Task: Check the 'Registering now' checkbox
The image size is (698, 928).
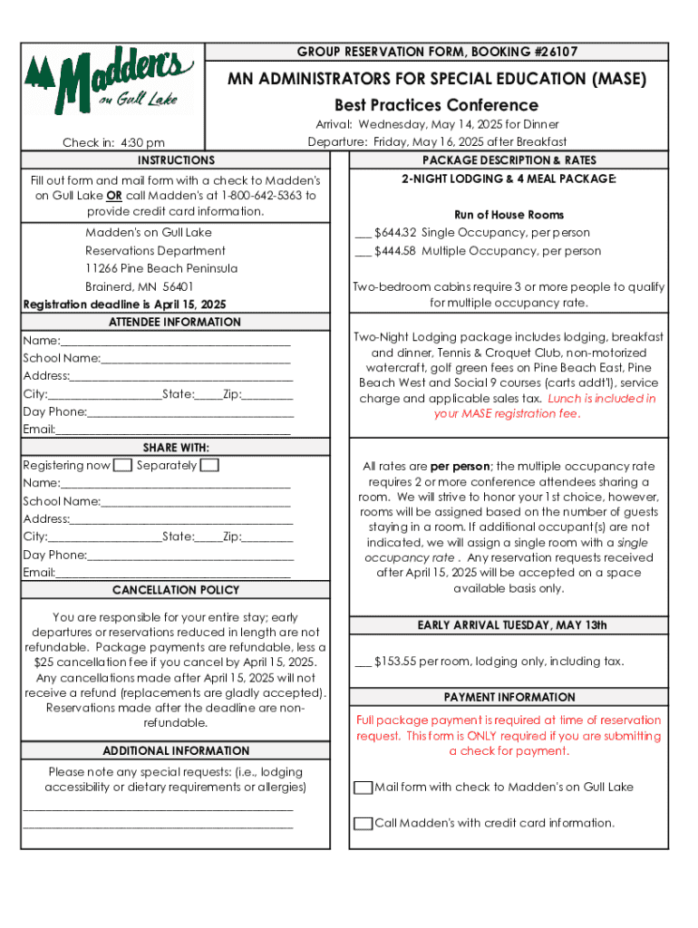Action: [122, 466]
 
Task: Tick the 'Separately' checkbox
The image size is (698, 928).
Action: [208, 466]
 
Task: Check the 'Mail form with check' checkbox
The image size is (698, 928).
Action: [363, 788]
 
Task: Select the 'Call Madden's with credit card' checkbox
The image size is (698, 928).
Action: [363, 824]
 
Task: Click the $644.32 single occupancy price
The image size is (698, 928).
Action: [395, 233]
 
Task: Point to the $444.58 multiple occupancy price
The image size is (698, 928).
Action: [395, 251]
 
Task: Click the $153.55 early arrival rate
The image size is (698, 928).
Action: [394, 662]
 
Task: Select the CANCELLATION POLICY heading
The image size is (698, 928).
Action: [176, 590]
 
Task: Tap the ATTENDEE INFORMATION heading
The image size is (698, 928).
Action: [175, 322]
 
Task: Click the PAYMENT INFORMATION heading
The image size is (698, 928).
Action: [509, 697]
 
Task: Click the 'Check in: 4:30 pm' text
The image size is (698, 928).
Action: [113, 142]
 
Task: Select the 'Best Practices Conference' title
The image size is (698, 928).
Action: [436, 105]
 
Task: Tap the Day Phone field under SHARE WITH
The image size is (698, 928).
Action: [190, 556]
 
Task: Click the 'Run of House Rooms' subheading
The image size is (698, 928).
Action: [509, 215]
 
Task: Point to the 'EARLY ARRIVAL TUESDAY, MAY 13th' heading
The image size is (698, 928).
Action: [511, 625]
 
